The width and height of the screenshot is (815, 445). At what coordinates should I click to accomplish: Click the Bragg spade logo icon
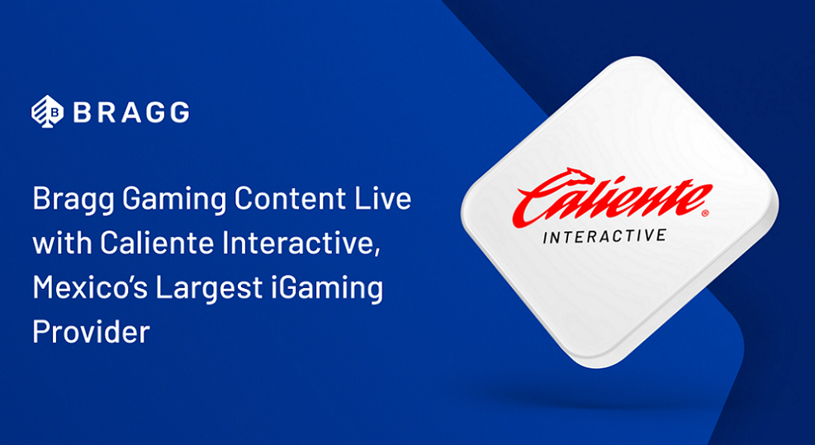47,111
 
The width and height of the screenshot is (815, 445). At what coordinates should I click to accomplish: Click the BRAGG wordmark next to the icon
131,112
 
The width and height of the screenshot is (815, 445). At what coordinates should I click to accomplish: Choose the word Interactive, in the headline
298,244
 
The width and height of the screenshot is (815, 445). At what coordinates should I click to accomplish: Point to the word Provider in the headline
91,332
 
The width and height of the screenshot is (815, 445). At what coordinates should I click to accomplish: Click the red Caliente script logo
611,197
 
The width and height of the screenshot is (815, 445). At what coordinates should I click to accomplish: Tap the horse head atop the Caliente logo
578,176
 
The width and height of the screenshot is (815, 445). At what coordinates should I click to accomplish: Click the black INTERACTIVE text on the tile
604,237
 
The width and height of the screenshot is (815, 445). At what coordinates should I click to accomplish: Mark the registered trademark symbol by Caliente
705,213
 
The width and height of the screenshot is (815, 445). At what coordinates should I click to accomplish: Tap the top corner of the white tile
637,59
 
